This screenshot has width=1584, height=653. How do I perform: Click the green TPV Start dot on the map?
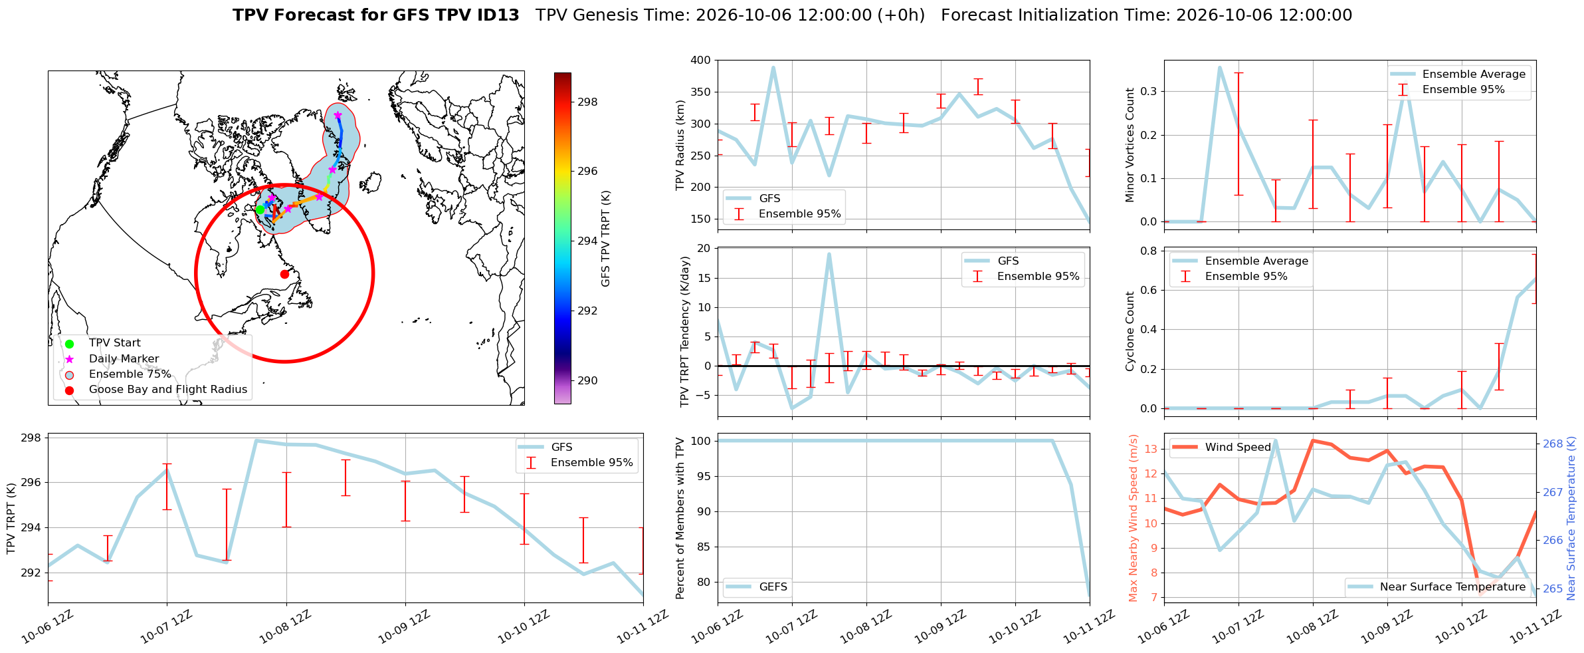pos(260,209)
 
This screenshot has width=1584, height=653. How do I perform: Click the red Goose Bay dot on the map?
pos(284,274)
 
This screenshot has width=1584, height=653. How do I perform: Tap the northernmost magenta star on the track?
pos(338,116)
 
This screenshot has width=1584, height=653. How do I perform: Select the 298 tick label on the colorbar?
pos(587,102)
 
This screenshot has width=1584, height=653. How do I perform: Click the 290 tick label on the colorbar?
pos(587,380)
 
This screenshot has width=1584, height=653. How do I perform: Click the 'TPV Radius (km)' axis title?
pos(680,145)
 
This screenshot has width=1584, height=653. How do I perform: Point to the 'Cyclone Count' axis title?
pos(1130,330)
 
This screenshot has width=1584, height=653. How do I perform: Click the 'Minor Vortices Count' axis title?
pos(1130,145)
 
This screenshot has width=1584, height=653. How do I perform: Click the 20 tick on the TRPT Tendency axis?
pos(704,249)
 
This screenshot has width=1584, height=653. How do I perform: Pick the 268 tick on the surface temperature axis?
pos(1553,444)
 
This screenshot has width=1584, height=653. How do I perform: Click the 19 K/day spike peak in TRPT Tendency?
pos(829,254)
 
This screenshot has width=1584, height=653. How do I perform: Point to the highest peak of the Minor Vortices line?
pos(1220,67)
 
